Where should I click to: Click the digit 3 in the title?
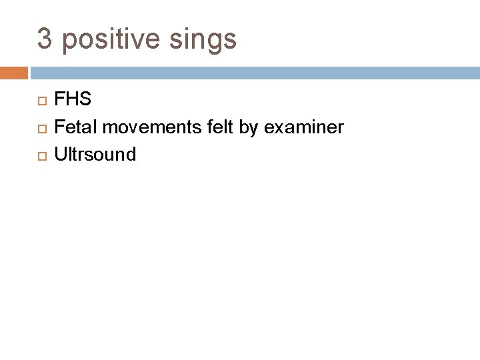click(x=45, y=39)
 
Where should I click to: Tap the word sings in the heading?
click(x=207, y=40)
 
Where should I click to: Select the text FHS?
click(x=73, y=100)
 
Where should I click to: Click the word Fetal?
click(x=72, y=127)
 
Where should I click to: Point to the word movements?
click(x=141, y=127)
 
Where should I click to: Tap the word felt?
click(x=213, y=127)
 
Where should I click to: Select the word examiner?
click(x=304, y=127)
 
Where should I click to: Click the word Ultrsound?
click(x=95, y=155)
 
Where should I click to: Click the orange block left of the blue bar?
click(x=14, y=73)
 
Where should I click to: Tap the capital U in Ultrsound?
click(x=60, y=155)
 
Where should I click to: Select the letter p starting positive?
click(x=67, y=41)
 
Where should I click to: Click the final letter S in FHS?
click(x=85, y=100)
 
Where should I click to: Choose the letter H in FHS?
click(x=72, y=100)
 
